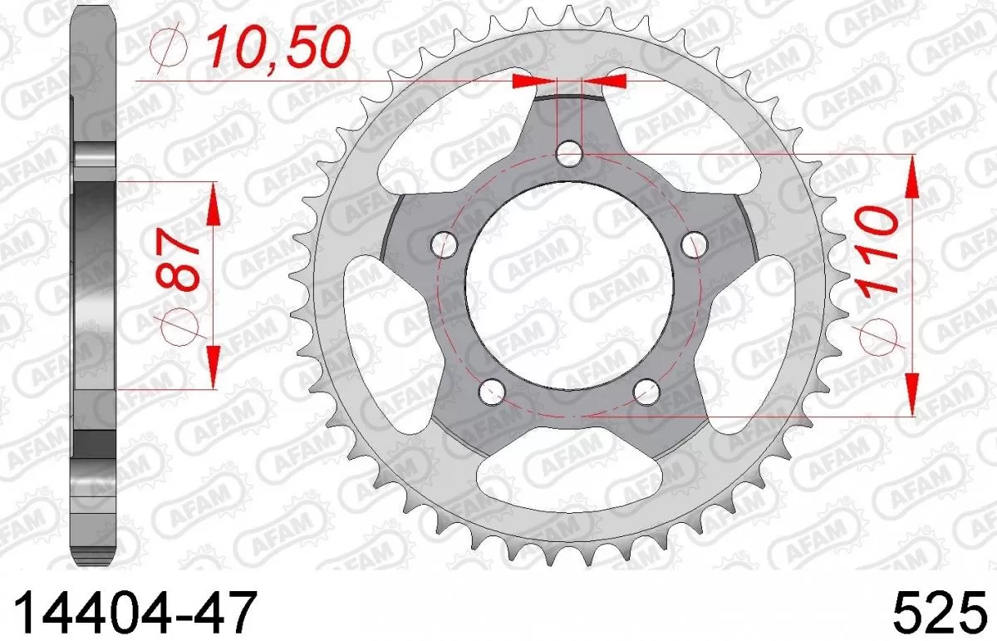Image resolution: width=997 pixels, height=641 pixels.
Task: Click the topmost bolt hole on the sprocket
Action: pos(569,152)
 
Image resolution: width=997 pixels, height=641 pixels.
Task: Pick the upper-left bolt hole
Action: pos(446,244)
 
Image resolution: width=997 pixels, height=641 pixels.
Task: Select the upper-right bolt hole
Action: pos(693,244)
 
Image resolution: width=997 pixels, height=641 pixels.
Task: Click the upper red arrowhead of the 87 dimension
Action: pos(213,205)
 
